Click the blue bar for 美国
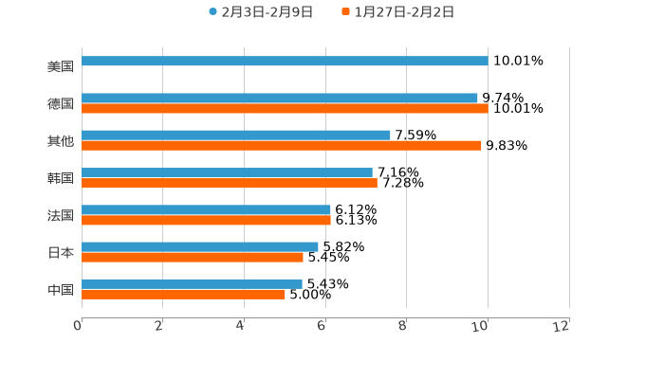(285, 61)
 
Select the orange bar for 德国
(285, 109)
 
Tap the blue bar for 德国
(280, 99)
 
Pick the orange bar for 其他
(282, 146)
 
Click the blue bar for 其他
(236, 135)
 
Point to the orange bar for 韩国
(230, 183)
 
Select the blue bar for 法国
(206, 209)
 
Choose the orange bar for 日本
(193, 257)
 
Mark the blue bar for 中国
(192, 283)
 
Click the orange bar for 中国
(183, 294)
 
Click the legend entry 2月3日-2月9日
(261, 12)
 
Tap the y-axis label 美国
(61, 66)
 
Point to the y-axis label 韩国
(61, 178)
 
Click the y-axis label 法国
(61, 215)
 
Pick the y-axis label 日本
(61, 252)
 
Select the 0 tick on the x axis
(79, 326)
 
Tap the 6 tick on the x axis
(323, 326)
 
